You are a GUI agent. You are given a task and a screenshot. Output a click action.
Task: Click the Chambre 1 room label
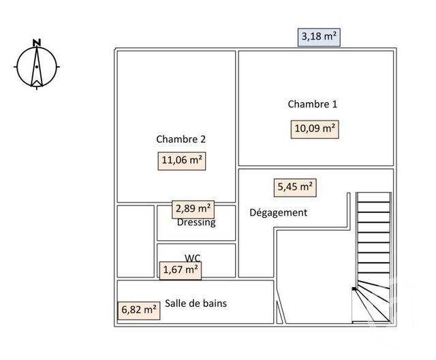[312, 104]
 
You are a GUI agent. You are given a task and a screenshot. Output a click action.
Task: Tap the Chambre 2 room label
[181, 139]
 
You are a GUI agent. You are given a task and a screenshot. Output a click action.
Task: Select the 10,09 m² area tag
[314, 128]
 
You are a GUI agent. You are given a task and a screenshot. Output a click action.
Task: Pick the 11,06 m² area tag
[182, 161]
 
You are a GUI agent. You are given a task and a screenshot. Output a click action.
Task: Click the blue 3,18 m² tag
[319, 37]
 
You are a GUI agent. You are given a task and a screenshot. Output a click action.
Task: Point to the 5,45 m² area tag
[295, 186]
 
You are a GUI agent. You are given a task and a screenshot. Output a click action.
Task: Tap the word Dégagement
[278, 212]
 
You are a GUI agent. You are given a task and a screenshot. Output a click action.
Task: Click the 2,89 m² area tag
[193, 208]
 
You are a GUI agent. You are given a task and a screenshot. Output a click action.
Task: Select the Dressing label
[196, 223]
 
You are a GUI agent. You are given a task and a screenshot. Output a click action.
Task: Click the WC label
[193, 258]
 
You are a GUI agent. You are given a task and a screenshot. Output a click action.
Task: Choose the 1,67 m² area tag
[180, 270]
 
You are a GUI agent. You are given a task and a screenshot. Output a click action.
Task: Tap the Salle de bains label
[196, 304]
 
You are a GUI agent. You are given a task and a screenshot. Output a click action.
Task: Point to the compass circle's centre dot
[37, 67]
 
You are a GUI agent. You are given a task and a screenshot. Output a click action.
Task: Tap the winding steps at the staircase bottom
[372, 304]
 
